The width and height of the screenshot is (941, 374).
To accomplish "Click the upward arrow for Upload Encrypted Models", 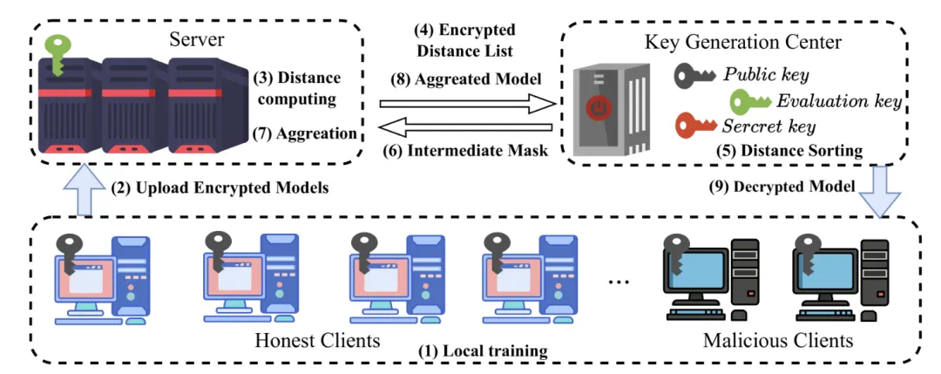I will [x=77, y=190].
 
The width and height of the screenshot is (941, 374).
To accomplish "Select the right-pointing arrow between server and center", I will [x=468, y=104].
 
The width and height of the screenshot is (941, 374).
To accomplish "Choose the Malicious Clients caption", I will [x=779, y=339].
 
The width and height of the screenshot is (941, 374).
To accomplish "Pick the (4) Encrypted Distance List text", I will [x=463, y=40].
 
